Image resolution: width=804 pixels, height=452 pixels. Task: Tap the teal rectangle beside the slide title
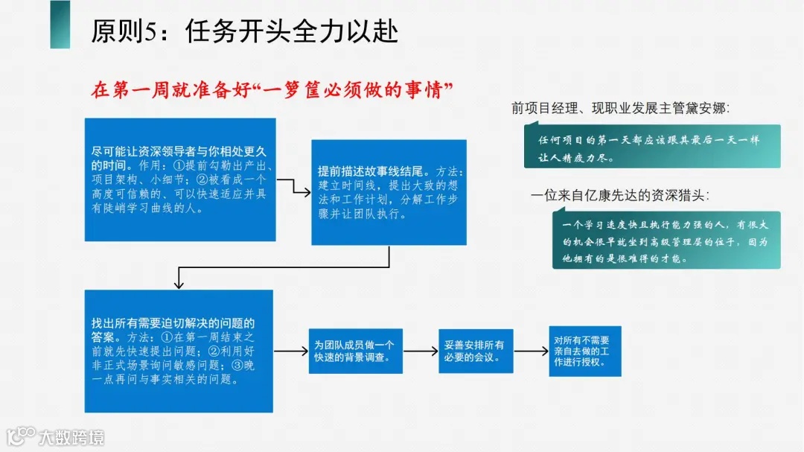[60, 25]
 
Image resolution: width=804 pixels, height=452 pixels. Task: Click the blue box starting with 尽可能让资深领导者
[180, 179]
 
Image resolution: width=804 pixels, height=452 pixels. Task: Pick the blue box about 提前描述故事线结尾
[389, 192]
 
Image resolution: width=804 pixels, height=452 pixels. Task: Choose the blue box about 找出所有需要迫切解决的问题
[179, 350]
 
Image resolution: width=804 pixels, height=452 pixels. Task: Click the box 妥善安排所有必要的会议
[476, 351]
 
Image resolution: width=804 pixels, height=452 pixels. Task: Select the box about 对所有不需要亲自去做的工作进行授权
[584, 351]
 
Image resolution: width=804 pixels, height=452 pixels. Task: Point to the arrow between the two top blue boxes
[293, 188]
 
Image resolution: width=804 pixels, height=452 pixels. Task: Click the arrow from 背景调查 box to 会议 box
[420, 351]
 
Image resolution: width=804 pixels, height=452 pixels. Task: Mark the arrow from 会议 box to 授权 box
[531, 351]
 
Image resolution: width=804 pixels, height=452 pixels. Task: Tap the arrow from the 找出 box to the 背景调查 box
[291, 351]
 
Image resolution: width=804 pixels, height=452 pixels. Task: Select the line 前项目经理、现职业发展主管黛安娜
[621, 108]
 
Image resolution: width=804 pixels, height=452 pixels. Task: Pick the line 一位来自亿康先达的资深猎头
[620, 196]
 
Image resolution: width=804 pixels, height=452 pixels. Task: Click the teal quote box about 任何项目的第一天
[651, 147]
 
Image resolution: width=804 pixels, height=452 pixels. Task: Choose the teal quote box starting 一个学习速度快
[666, 241]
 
